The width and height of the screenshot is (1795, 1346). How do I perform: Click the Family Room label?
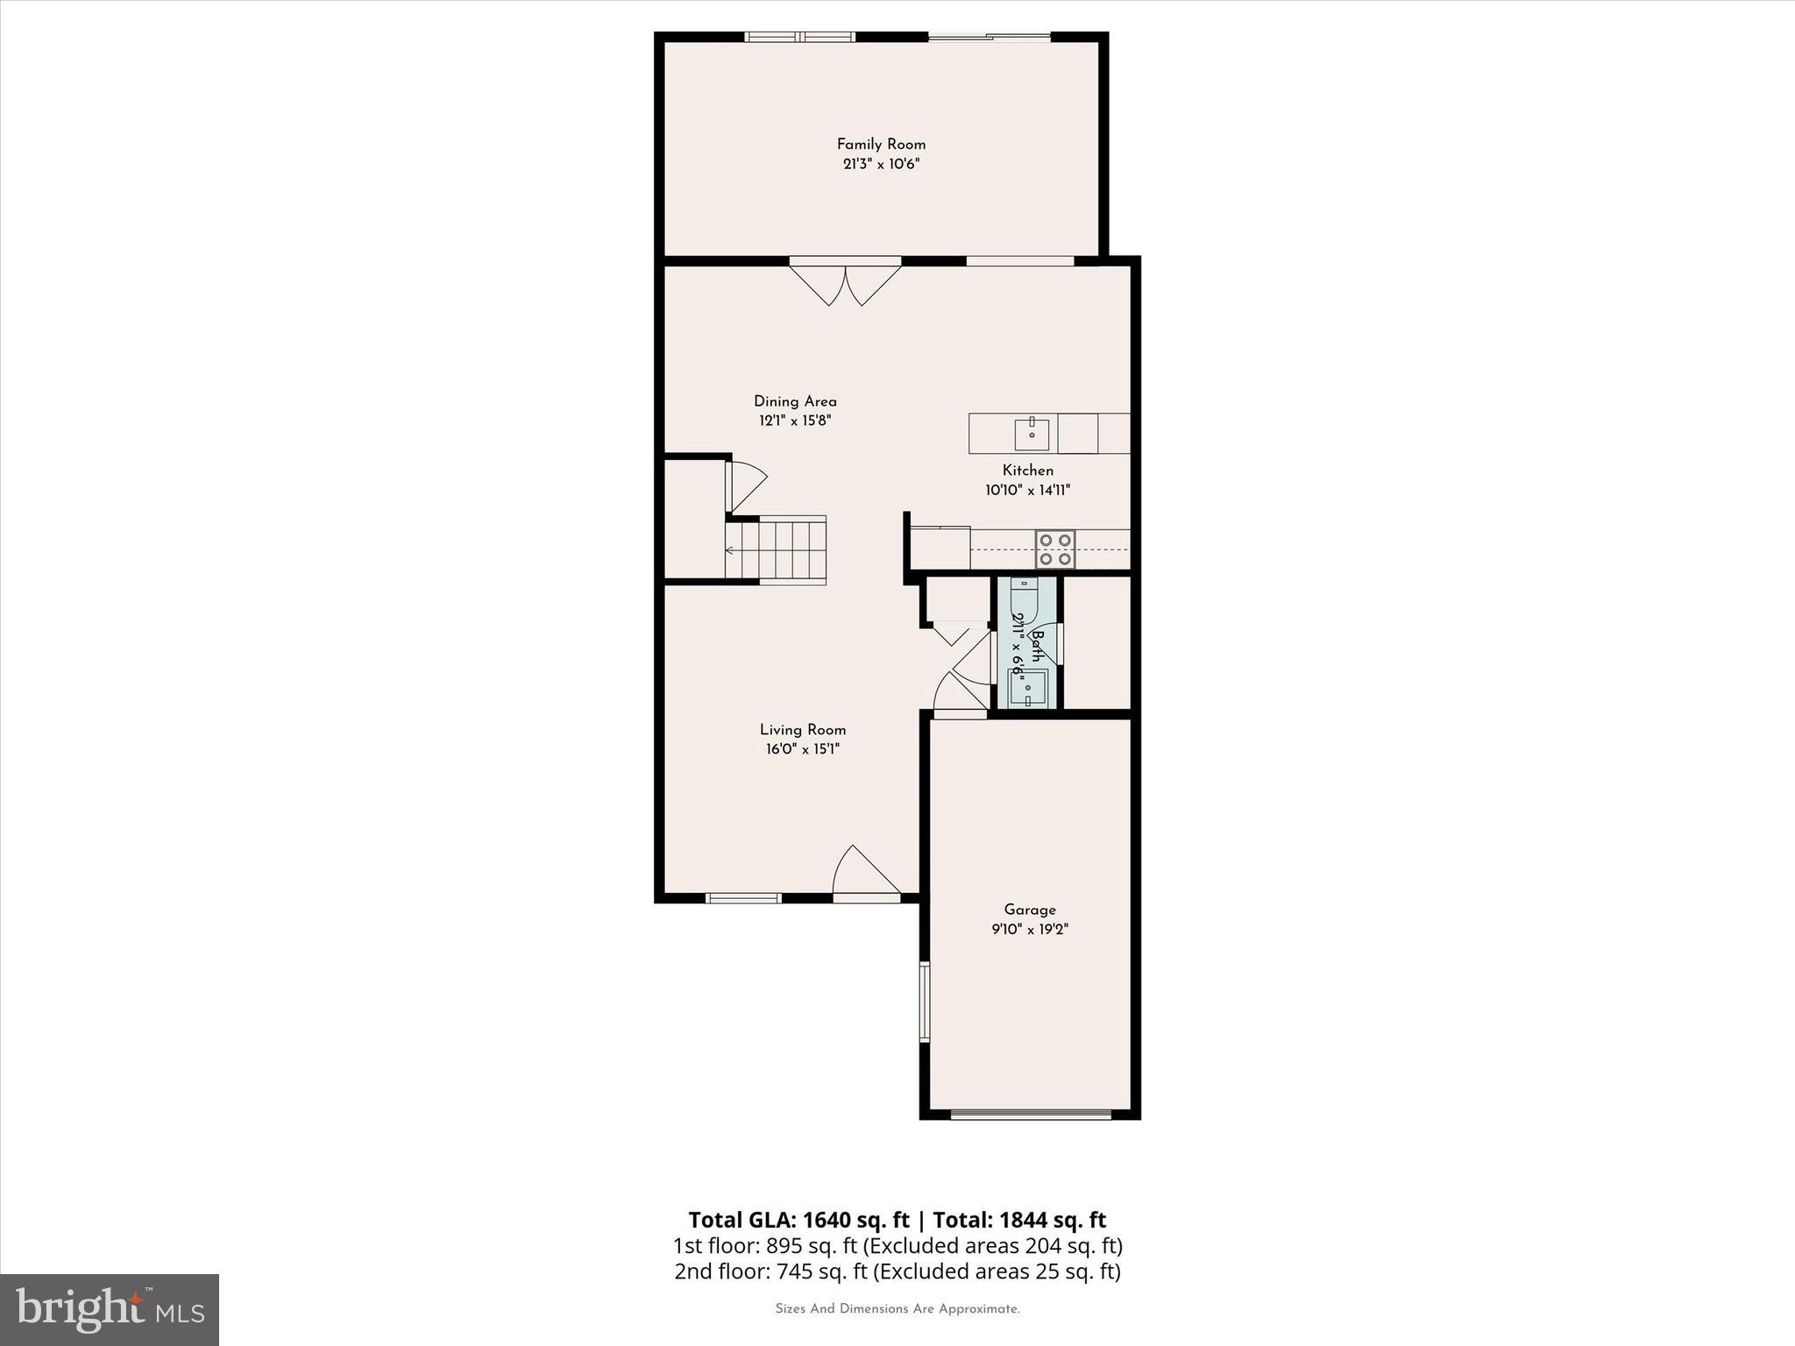point(881,145)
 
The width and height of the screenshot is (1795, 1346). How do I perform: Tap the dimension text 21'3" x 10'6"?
point(881,165)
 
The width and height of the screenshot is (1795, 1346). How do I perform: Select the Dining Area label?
point(795,401)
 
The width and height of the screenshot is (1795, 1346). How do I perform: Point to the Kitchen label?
point(1027,471)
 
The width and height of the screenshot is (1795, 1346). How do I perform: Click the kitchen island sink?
point(1032,434)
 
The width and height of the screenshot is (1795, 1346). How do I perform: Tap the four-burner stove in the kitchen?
point(1055,549)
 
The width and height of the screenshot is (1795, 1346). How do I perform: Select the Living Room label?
point(802,730)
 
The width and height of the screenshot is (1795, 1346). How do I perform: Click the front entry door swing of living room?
point(863,872)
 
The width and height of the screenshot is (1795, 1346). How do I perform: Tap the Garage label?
point(1030,910)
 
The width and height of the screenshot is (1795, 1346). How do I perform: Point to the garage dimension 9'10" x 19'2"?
point(1030,930)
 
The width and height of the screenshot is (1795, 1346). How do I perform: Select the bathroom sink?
point(1027,688)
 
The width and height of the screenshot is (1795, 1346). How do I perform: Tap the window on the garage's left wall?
point(924,1002)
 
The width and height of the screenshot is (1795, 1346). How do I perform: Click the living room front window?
point(743,897)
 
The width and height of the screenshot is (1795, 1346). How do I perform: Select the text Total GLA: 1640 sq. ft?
point(798,1220)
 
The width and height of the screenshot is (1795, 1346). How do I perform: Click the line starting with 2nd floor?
point(897,1272)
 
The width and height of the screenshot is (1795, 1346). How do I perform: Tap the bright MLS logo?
point(110,1309)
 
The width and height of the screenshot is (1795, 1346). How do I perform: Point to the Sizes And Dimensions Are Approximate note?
point(897,1309)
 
